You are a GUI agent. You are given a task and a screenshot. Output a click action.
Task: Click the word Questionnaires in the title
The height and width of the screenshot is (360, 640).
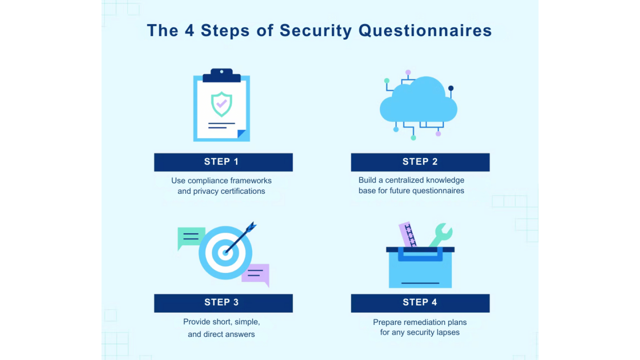coord(425,31)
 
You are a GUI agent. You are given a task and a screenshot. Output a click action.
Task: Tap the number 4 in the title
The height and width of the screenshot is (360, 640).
coord(189,30)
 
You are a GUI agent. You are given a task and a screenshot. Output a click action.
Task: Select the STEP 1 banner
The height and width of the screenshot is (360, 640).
coord(224,162)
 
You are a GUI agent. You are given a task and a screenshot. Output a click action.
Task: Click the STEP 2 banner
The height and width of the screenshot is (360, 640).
coord(420,162)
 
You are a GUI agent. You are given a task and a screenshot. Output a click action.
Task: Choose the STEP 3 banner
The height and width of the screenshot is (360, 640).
coord(224,303)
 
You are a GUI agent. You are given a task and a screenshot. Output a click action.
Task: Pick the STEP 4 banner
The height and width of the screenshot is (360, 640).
coord(420,303)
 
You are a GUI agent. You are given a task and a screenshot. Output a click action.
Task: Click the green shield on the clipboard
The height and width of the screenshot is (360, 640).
coord(221,104)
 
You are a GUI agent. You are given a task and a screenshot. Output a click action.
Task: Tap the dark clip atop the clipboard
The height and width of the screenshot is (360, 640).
coord(222,76)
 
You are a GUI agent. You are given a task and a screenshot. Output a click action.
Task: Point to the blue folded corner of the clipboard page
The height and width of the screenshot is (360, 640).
coord(242,134)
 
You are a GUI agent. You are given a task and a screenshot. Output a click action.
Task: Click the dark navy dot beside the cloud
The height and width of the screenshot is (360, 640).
coord(451,88)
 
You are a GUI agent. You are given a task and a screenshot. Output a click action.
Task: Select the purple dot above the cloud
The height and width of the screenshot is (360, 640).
coord(408,72)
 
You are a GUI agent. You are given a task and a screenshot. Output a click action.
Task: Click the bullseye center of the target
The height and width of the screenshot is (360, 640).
coord(225,253)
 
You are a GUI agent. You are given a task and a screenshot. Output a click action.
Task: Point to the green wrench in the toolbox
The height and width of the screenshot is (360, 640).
coord(441,235)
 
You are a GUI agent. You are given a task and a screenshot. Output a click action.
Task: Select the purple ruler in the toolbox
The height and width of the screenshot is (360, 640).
coord(408,234)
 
